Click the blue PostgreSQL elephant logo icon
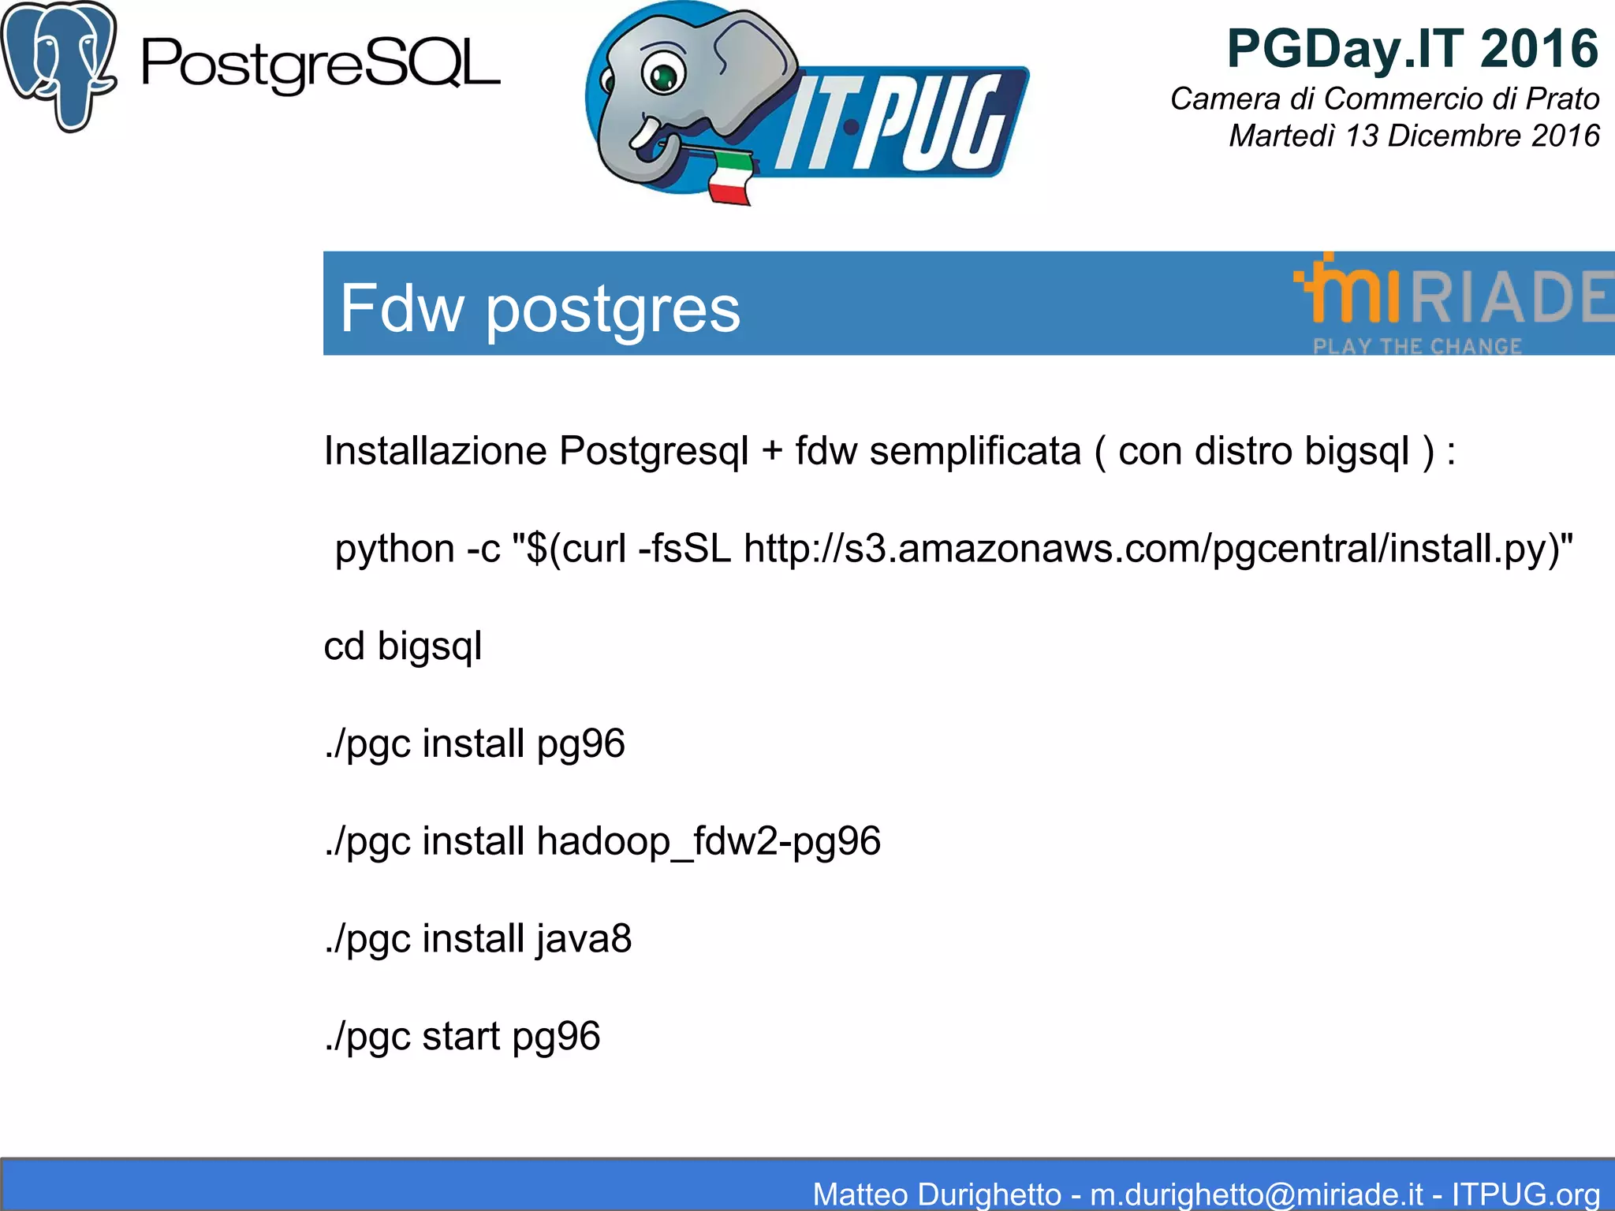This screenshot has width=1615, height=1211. (x=58, y=66)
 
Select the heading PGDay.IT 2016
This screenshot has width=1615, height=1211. (x=1412, y=49)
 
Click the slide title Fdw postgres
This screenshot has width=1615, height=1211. (x=540, y=308)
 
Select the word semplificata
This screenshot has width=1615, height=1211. (x=975, y=452)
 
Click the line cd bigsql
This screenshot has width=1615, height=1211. (x=403, y=646)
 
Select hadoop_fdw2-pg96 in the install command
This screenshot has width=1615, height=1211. (x=708, y=841)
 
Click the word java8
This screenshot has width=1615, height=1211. (x=584, y=939)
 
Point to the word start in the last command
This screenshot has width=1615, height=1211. (x=461, y=1036)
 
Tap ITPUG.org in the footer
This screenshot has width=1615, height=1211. (x=1525, y=1194)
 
